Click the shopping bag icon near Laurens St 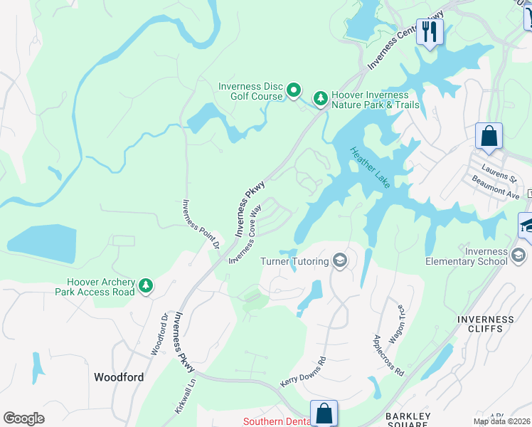[489, 136]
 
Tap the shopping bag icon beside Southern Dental [324, 413]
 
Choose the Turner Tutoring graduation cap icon [340, 261]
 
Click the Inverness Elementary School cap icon [518, 255]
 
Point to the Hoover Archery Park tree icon [146, 285]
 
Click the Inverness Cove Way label [245, 233]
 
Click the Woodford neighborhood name [119, 377]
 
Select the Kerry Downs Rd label [303, 371]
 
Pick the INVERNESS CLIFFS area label [486, 325]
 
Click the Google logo [23, 418]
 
